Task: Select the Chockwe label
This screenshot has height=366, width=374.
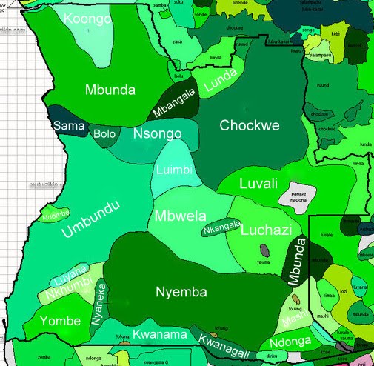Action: point(250,126)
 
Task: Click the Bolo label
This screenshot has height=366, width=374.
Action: point(104,134)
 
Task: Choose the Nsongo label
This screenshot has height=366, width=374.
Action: point(157,134)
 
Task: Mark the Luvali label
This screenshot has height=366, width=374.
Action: point(257,182)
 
